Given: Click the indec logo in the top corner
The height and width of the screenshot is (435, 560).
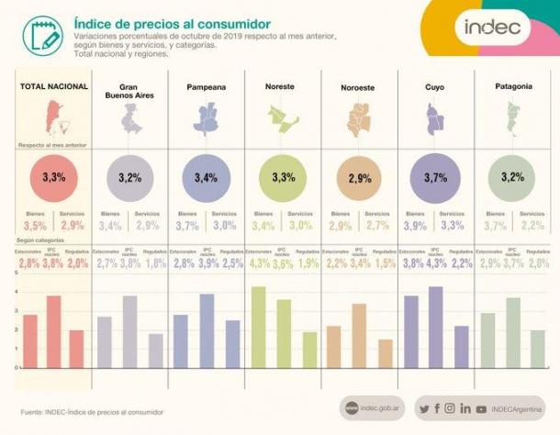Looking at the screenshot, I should point(492,27).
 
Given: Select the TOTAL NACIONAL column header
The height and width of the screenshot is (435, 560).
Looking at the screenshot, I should point(54,86).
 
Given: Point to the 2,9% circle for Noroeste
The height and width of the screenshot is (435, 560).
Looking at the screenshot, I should point(359,177).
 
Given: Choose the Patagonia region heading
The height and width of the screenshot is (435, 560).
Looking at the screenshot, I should point(512,86).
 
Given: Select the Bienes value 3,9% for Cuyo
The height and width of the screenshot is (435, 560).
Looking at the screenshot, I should point(415,226).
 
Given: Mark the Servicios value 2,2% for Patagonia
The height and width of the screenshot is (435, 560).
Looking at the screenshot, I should point(532,226).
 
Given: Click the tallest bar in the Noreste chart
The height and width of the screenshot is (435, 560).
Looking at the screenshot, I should point(258,327).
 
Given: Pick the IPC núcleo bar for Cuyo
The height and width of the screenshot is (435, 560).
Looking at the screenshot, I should point(435,327).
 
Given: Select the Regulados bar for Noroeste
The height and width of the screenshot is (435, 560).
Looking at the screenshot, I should point(384,353).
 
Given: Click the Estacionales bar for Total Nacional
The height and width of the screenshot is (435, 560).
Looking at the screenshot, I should point(30,340).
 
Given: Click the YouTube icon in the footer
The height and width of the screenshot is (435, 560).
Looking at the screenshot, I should point(481,408).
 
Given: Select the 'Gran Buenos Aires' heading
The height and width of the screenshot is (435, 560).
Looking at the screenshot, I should point(129,91).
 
